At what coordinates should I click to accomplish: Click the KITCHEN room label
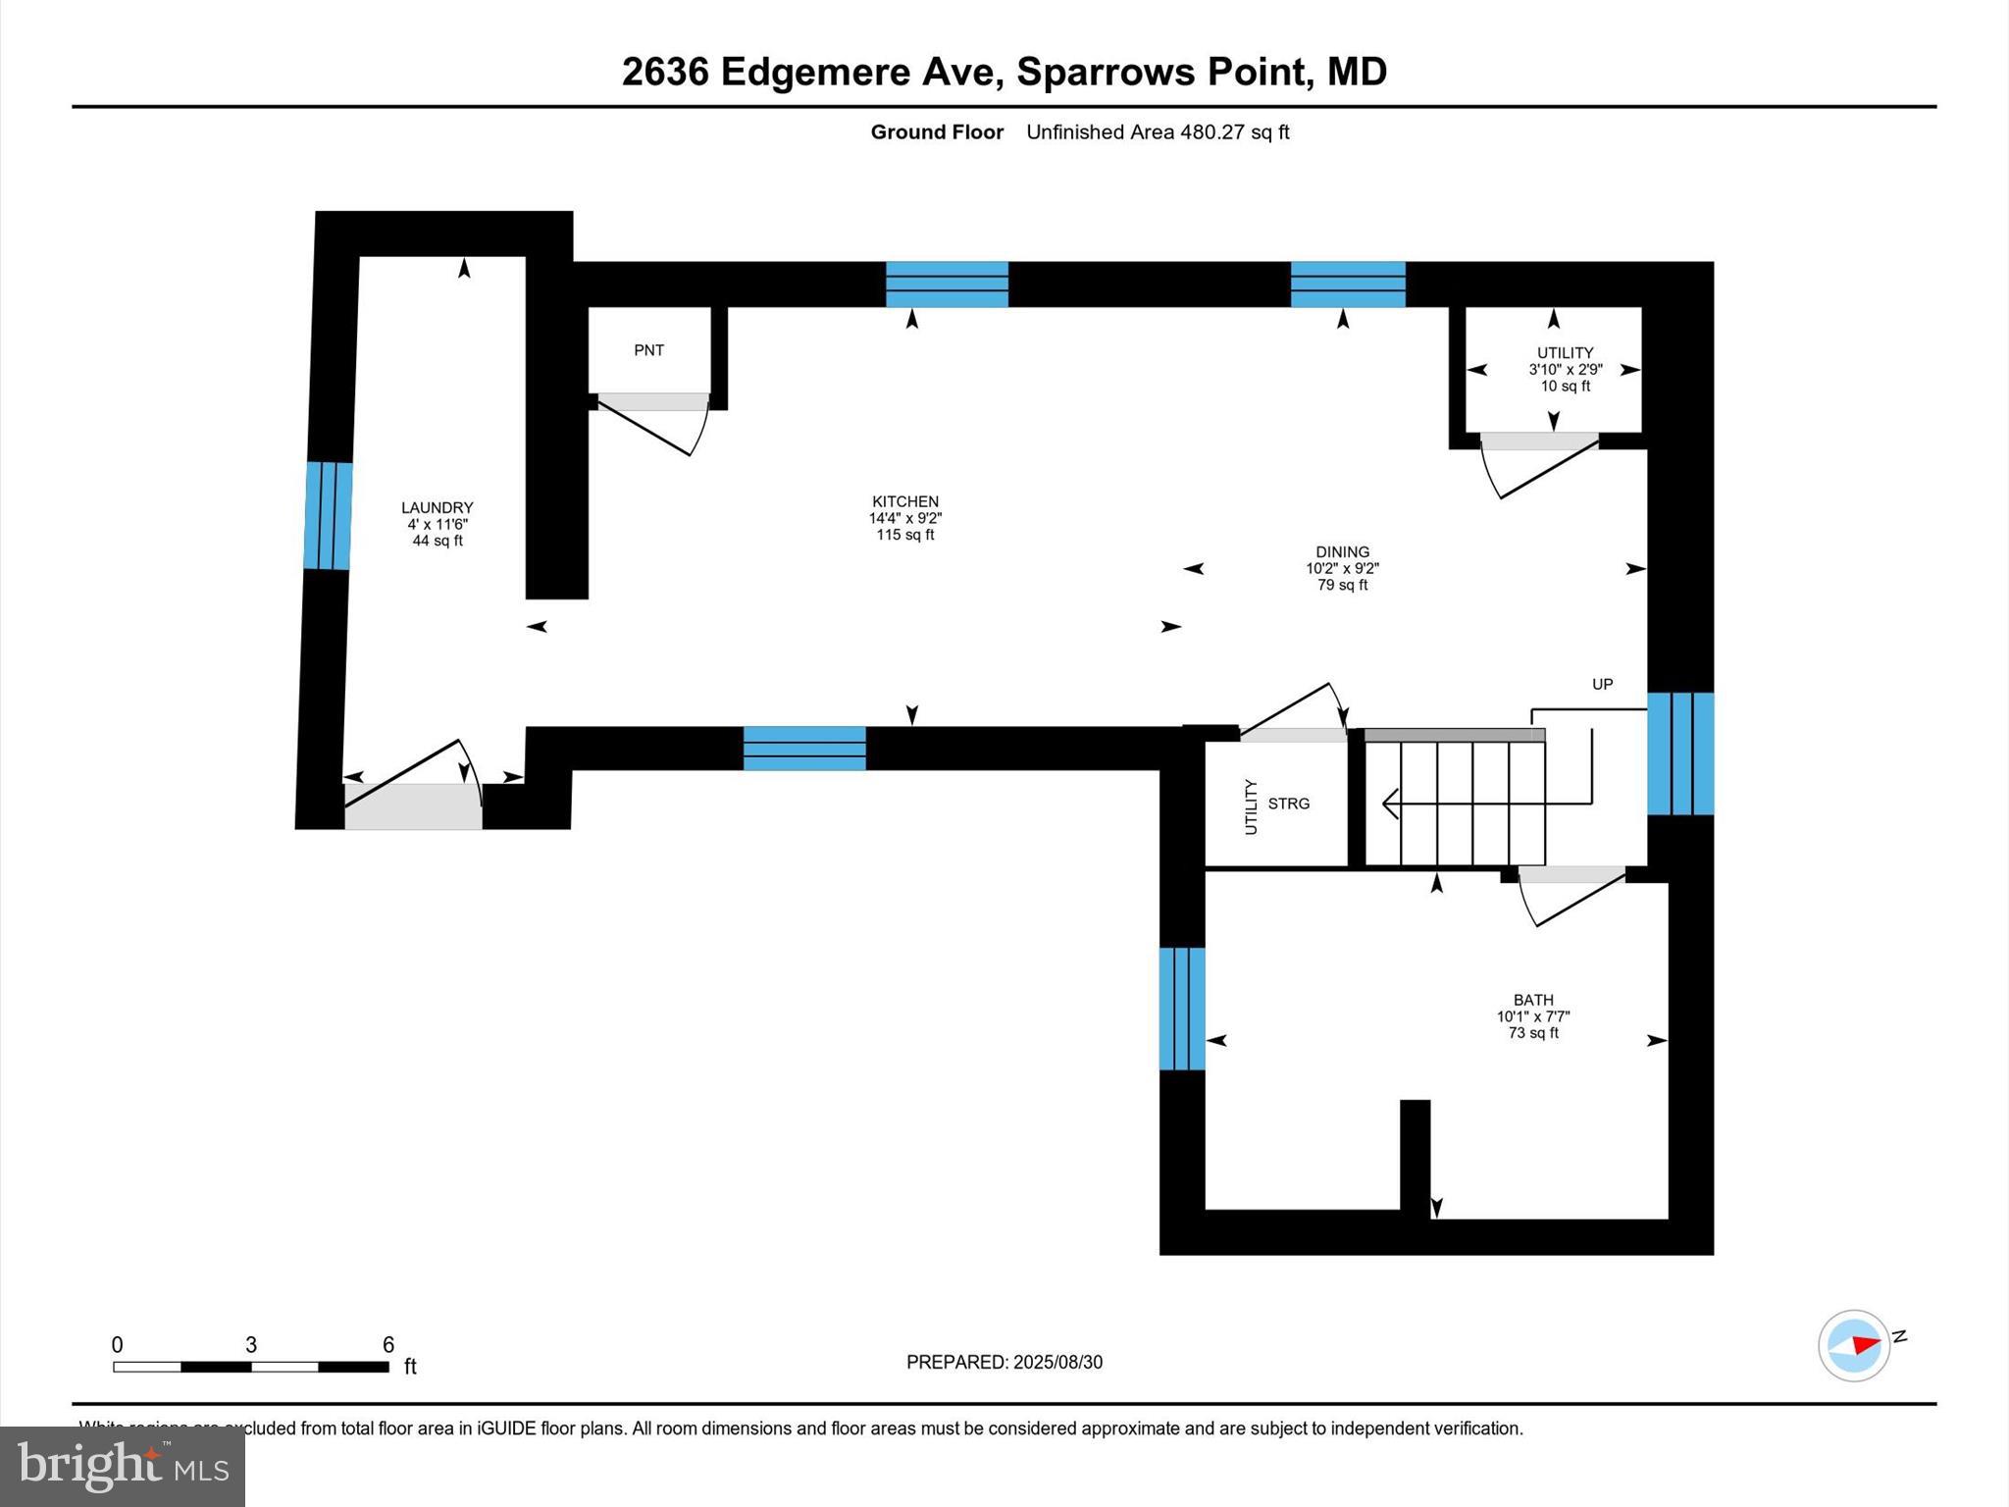coord(904,501)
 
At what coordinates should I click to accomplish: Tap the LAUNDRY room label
coord(437,507)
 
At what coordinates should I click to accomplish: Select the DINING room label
coord(1342,551)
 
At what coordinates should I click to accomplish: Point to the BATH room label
coord(1532,1000)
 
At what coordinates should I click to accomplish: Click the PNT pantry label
coord(648,350)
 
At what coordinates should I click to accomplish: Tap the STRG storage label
coord(1288,804)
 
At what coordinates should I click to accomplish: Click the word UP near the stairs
coord(1602,684)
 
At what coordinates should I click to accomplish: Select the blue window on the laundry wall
coord(328,515)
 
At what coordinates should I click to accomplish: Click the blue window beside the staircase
coord(1679,753)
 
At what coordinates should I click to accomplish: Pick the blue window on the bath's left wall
coord(1181,1008)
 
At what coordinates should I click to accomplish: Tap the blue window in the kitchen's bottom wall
coord(804,748)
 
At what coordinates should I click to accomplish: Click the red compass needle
coord(1866,1344)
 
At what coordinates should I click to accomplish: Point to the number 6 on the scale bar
coord(388,1344)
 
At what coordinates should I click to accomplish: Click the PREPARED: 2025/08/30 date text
coord(1004,1362)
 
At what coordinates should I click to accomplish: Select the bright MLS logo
coord(123,1466)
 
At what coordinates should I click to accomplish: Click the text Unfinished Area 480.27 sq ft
coord(1157,131)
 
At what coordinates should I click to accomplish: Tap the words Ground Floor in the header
coord(936,131)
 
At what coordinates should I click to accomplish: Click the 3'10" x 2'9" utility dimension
coord(1565,370)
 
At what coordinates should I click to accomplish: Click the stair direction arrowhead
coord(1390,804)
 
